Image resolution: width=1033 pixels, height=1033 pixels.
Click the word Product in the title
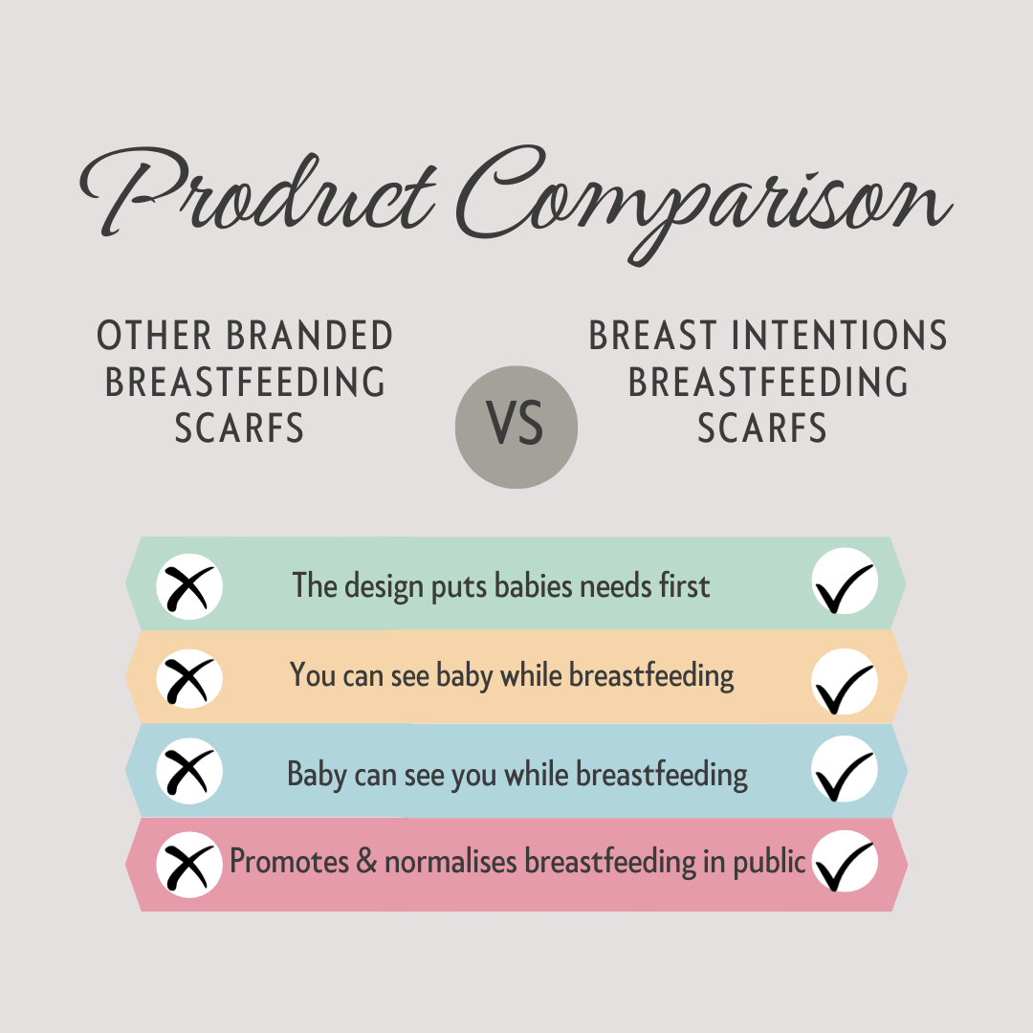click(x=257, y=191)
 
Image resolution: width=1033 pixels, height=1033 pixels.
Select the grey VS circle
click(x=516, y=427)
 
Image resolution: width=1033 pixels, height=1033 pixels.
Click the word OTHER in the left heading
click(x=154, y=336)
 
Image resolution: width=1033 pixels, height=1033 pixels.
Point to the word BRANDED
click(x=310, y=336)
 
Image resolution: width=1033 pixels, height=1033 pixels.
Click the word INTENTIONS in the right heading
click(x=840, y=336)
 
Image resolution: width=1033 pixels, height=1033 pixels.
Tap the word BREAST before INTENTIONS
click(x=652, y=336)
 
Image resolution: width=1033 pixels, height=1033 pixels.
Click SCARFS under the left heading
click(x=239, y=429)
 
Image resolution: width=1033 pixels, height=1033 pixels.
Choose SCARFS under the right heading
click(x=762, y=429)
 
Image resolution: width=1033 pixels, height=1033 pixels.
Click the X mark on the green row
click(x=189, y=586)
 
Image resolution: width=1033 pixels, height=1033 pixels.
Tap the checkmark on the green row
click(x=845, y=582)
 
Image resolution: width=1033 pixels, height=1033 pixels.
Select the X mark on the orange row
click(x=189, y=678)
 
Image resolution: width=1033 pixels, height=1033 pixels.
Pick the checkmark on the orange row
click(x=845, y=682)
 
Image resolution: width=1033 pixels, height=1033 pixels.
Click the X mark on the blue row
click(x=189, y=771)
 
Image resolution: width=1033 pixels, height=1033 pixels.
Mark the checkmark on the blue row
click(x=845, y=769)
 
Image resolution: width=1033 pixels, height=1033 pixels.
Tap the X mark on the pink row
click(x=189, y=865)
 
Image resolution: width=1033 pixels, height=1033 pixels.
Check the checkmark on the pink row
click(x=845, y=861)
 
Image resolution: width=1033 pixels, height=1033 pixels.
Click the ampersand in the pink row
click(x=366, y=861)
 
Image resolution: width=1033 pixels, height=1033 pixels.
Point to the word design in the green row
click(x=385, y=586)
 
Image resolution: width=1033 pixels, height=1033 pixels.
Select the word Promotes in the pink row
click(x=289, y=861)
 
